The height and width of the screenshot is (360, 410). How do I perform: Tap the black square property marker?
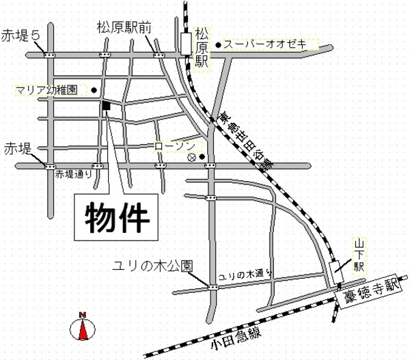coord(106,105)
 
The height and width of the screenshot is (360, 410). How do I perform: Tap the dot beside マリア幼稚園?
coord(94,90)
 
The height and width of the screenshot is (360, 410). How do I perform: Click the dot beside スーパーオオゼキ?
coord(218,46)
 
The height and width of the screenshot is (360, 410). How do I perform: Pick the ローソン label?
coord(175,145)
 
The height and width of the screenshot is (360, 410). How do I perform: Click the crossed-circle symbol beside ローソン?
coord(191,156)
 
